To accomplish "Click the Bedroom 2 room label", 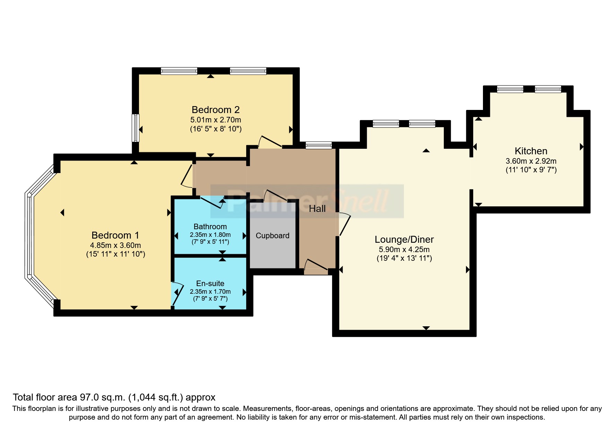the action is (216, 110).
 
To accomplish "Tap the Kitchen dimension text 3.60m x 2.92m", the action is (531, 161).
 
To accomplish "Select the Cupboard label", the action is (273, 236).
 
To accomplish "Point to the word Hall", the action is (317, 209).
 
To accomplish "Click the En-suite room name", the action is (210, 283).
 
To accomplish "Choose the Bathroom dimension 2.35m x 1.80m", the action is (210, 235).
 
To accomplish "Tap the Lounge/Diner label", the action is (404, 240).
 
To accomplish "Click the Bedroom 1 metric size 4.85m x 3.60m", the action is (115, 245).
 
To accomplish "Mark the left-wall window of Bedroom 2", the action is (136, 128).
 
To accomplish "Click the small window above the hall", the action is (319, 145).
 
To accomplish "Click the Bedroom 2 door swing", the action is (270, 142).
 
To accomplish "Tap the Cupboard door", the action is (276, 196).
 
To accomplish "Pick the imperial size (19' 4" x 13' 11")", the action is (404, 258).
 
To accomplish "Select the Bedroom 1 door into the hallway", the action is (187, 175).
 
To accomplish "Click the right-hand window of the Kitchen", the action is (548, 89).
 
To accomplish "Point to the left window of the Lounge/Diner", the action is (386, 124).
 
